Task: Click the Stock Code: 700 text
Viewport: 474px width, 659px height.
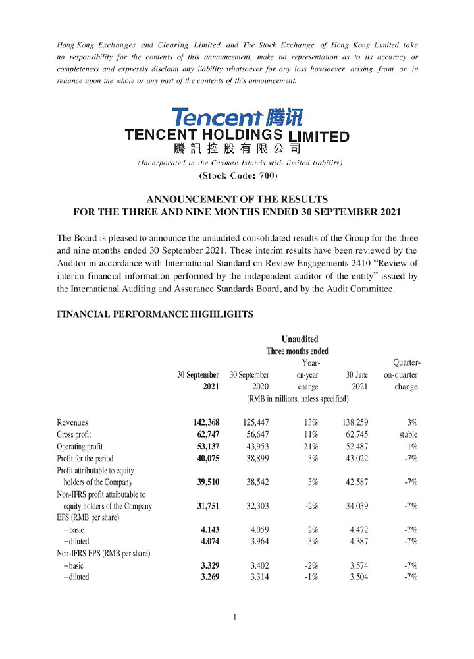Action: pos(237,175)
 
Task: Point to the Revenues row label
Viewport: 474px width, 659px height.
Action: pos(72,422)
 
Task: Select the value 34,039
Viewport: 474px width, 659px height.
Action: pos(355,506)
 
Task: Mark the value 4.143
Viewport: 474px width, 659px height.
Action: pos(207,529)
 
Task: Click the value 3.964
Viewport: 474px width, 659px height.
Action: pos(255,541)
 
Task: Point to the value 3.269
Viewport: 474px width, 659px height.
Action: pos(207,577)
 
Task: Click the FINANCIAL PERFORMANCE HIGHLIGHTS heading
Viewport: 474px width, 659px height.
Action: pos(155,315)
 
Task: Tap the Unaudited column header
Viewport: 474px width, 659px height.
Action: pos(299,339)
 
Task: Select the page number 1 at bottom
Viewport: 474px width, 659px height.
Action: pos(234,617)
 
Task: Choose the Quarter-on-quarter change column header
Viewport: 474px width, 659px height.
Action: pos(406,374)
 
